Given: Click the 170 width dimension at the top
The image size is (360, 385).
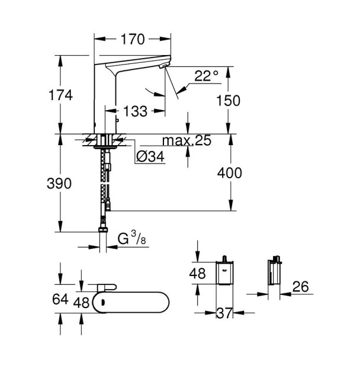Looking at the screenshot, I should coord(133,40).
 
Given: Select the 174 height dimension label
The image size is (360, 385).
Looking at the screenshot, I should coord(60,95).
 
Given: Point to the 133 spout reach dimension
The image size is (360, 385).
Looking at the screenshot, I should coord(136,110).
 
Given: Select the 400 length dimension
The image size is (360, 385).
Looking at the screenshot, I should coord(230,173).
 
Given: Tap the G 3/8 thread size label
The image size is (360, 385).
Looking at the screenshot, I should coord(131,240).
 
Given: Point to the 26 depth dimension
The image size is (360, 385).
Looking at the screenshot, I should coord(301,287).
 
